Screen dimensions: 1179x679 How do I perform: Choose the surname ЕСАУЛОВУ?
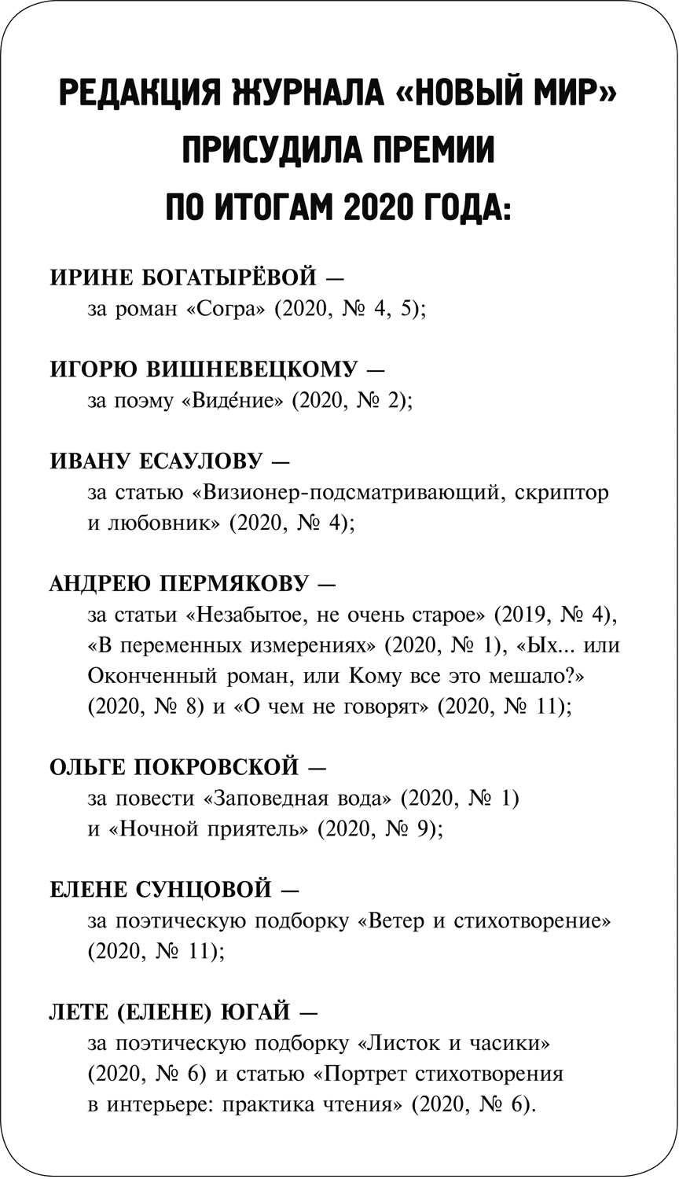185,461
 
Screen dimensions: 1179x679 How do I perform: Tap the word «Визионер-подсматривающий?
344,493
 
